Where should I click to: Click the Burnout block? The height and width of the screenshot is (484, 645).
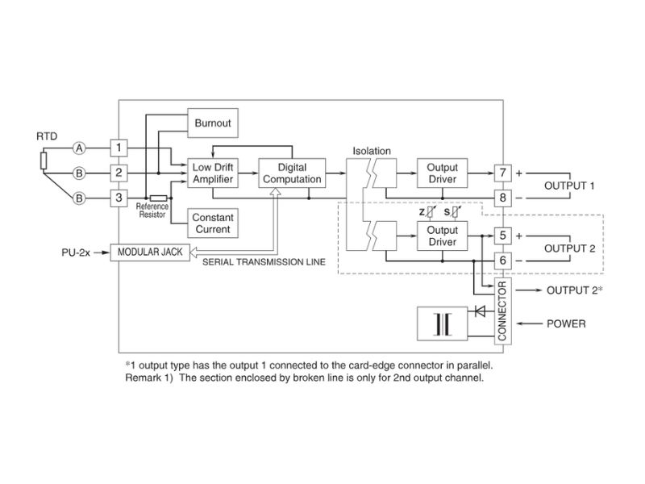213,123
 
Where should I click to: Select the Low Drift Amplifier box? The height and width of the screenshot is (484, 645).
213,173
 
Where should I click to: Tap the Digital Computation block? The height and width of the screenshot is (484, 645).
292,173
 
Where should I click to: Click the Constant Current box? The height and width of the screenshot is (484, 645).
213,223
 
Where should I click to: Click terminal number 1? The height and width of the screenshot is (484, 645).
119,148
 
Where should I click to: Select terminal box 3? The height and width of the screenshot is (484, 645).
119,197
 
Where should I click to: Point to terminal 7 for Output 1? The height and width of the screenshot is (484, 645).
502,173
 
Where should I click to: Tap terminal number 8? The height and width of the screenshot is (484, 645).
502,197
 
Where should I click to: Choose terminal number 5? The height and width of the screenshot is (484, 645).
502,236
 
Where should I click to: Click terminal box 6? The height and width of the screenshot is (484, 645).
502,261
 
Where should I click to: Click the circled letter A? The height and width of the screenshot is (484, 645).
79,148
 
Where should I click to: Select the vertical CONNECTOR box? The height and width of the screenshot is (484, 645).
502,310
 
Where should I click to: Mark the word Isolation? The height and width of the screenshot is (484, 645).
372,151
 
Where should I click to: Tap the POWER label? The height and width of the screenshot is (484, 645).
566,323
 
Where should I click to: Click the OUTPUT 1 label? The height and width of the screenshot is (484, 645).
570,186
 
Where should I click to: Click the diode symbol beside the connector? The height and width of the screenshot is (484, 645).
481,309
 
